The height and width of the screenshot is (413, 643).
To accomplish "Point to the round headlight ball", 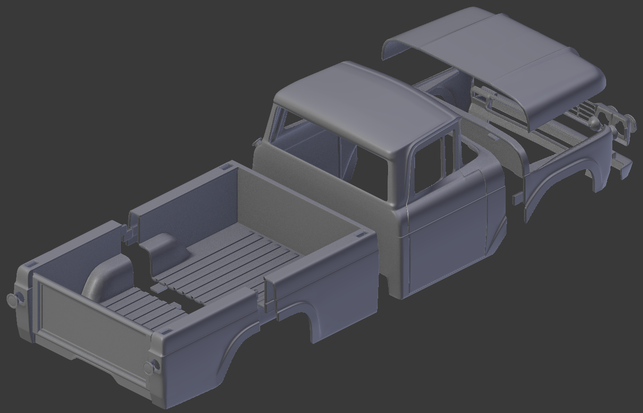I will click(x=594, y=124).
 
